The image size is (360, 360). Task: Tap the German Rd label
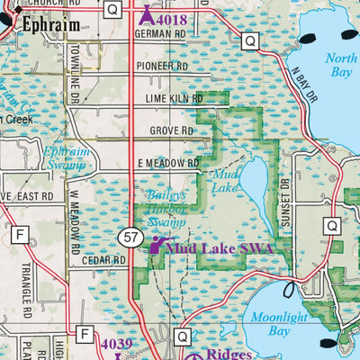tap(159, 34)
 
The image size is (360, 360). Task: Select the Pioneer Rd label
tap(162, 67)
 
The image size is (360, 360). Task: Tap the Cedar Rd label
tap(107, 260)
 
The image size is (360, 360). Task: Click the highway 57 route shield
tap(130, 237)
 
